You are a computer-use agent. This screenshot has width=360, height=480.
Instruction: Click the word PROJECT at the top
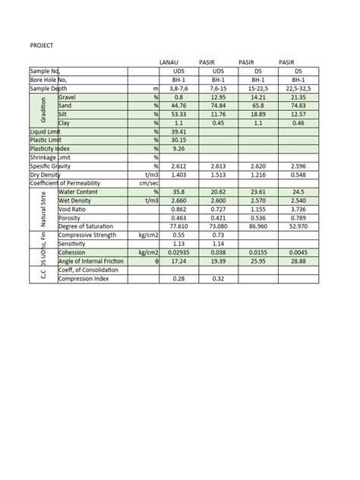tap(41, 46)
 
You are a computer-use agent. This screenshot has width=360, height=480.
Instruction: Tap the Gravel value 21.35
tap(298, 98)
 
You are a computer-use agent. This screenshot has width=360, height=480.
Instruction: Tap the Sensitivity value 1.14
tap(217, 244)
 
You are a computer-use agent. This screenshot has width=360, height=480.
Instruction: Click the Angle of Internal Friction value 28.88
tap(298, 261)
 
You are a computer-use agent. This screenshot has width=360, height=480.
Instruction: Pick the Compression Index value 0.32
tap(217, 278)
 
